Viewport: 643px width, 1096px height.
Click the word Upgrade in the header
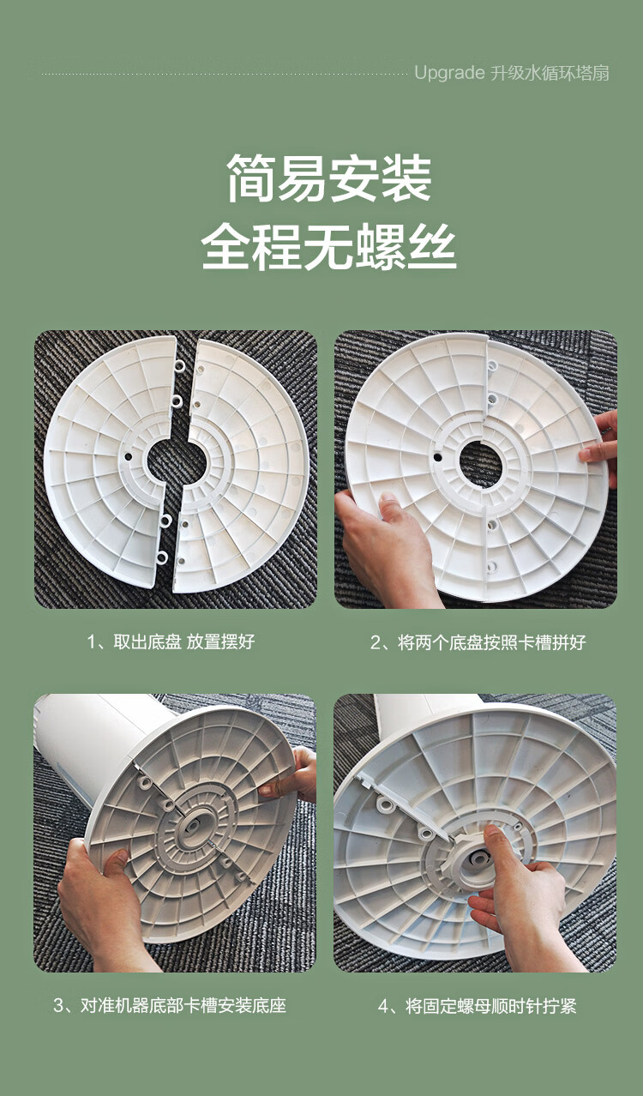[x=449, y=74]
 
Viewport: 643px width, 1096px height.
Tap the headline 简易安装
[x=328, y=178]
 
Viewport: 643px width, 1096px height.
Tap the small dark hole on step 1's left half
[x=128, y=456]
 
